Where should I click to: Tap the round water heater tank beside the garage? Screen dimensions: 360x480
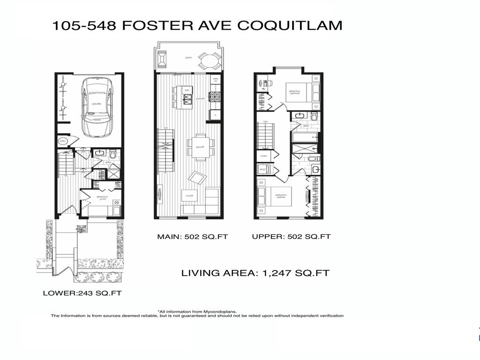(x=62, y=141)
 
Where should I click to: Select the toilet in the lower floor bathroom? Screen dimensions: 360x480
(x=112, y=153)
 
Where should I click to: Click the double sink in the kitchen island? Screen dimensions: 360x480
(x=187, y=98)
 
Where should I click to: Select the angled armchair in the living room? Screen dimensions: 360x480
(x=197, y=178)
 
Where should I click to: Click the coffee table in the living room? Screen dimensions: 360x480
(x=189, y=194)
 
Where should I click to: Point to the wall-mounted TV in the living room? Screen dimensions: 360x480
(x=159, y=194)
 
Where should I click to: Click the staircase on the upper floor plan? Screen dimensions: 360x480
(x=265, y=135)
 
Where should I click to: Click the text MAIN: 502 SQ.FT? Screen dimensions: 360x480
(x=192, y=237)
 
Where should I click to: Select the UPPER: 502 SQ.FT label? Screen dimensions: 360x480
(x=291, y=237)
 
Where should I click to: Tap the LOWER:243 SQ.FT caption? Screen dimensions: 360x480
(x=82, y=293)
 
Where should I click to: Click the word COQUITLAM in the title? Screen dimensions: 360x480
(x=290, y=26)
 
